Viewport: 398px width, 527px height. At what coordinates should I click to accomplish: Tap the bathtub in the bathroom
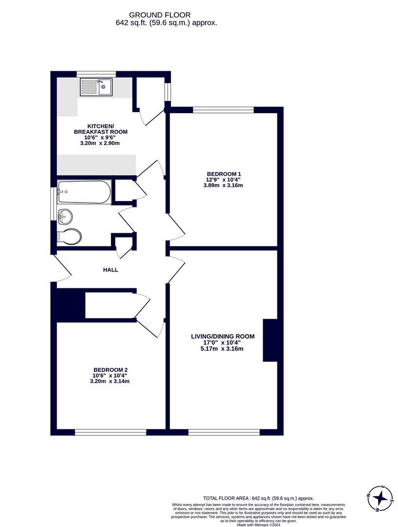tap(84, 192)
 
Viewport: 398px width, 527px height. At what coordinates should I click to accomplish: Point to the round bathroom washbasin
tap(65, 216)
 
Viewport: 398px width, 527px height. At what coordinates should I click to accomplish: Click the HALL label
tap(110, 270)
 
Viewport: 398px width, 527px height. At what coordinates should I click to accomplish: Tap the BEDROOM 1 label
tap(224, 174)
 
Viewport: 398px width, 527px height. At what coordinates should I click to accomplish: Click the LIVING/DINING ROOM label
tap(223, 336)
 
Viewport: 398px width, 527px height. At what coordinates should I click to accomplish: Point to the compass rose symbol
tap(380, 499)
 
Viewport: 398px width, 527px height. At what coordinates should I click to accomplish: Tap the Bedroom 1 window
tap(223, 110)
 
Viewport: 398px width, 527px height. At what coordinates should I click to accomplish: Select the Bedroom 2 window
tap(110, 432)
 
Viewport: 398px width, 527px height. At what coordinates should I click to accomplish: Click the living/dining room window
tap(224, 432)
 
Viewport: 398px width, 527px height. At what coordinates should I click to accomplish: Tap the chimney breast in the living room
tap(270, 340)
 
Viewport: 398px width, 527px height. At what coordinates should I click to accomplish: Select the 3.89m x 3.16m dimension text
tap(224, 185)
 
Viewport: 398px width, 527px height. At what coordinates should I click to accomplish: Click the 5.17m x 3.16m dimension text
tap(223, 348)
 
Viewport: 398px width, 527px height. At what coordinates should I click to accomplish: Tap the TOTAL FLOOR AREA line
tap(258, 498)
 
